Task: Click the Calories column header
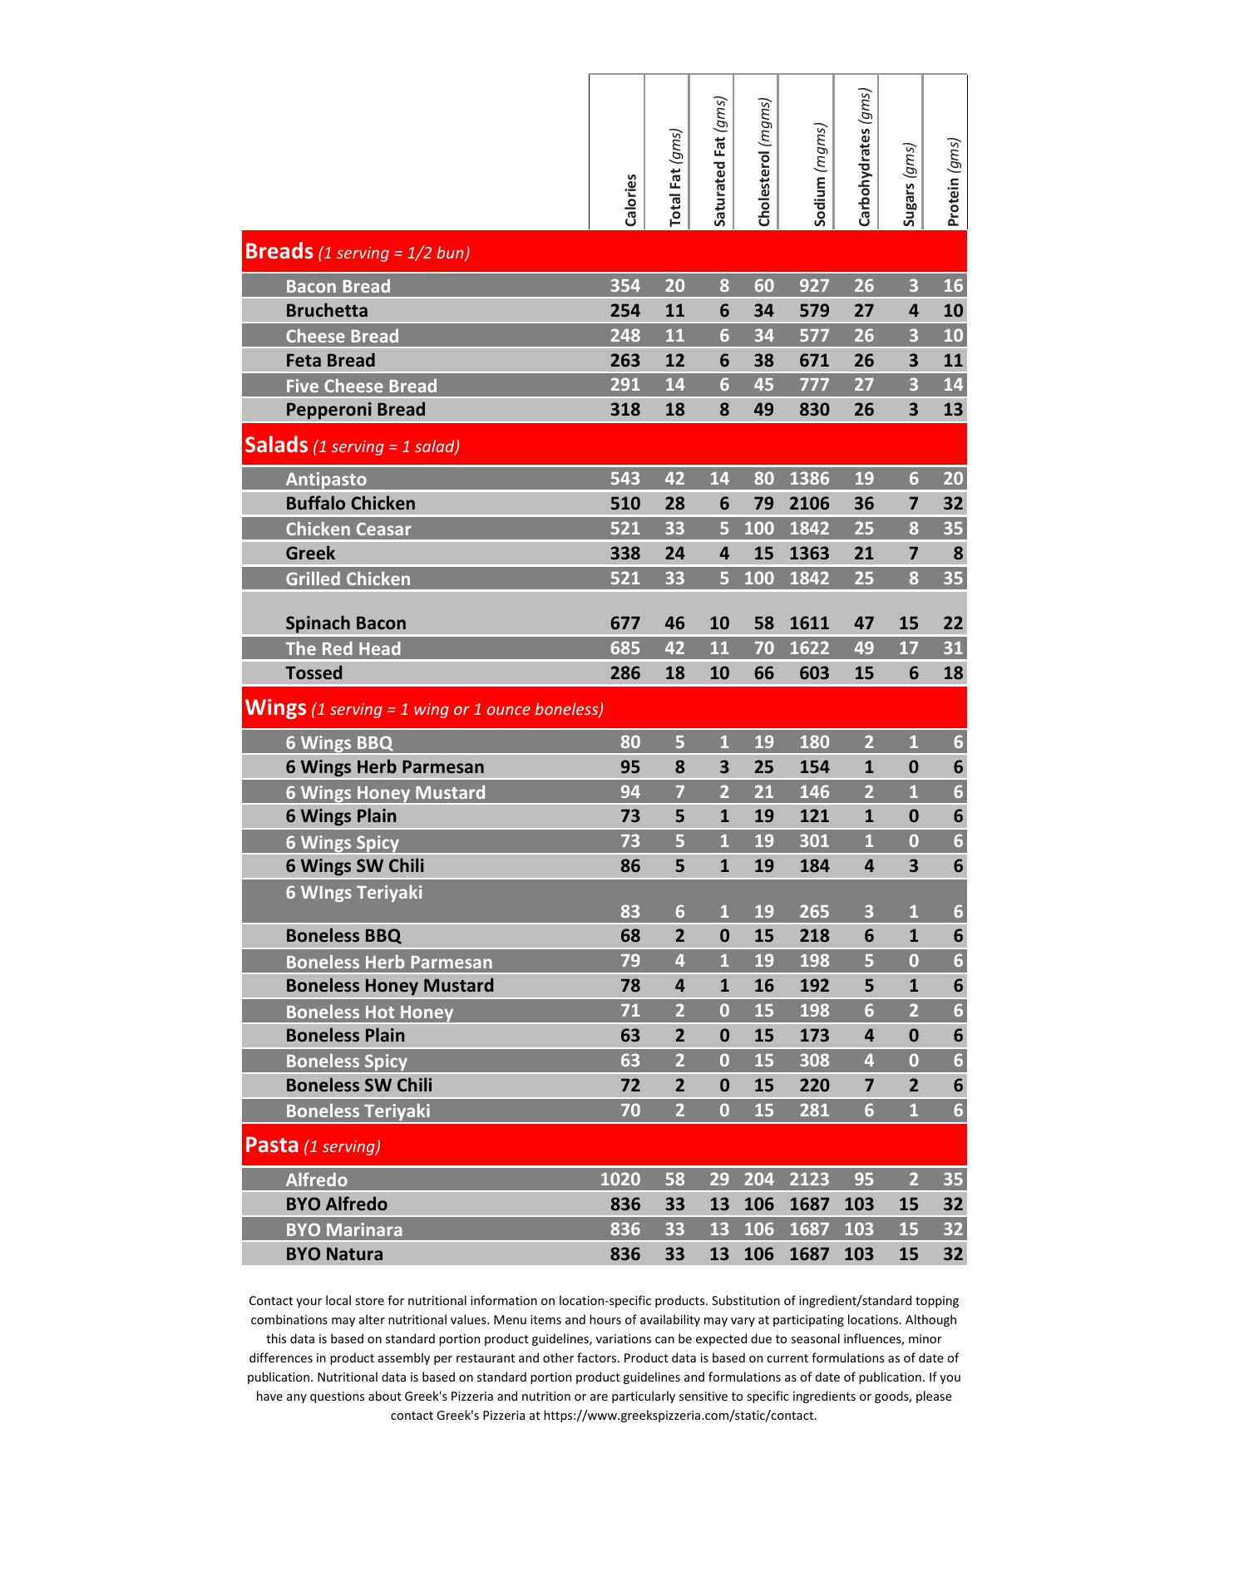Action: click(630, 199)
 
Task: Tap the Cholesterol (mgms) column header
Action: click(764, 162)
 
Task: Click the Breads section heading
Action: click(279, 251)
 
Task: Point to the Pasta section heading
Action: click(272, 1145)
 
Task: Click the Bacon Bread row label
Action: click(338, 287)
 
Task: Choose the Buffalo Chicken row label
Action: click(350, 504)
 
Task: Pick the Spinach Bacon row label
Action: click(346, 623)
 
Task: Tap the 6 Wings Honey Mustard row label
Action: click(385, 792)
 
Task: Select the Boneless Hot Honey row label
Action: click(369, 1012)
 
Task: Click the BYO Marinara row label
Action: click(344, 1229)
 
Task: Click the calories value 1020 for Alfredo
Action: click(620, 1180)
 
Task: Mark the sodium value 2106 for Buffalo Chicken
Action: click(809, 504)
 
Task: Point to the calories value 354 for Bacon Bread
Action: click(625, 286)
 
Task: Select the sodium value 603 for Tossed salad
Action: click(814, 673)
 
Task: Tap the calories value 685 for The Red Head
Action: click(625, 648)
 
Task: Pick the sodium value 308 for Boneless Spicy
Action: click(814, 1061)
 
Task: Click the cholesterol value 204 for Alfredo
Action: click(758, 1180)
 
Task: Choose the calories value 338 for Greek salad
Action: click(625, 554)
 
